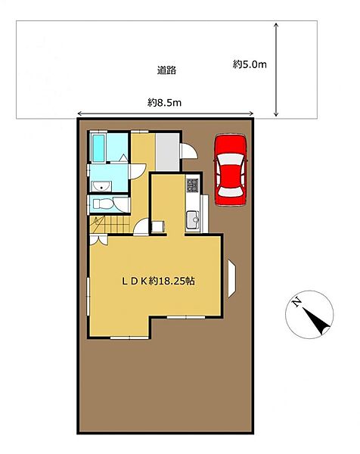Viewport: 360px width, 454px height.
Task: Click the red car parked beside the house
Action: pos(231,170)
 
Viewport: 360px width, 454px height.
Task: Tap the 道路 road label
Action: pos(166,70)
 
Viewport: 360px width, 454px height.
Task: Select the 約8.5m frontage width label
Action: pos(164,102)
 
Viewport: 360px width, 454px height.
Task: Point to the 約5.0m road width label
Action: pos(250,64)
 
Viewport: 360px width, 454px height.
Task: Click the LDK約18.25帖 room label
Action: pos(158,281)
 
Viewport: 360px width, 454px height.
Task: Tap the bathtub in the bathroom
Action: pos(98,148)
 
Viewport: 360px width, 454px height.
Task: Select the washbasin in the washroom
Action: pos(101,187)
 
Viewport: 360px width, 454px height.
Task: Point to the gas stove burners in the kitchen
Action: pos(192,185)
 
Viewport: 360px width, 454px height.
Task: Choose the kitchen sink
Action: pos(193,220)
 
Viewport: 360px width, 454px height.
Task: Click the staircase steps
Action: pos(110,225)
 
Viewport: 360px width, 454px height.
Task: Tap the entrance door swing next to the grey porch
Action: pos(188,151)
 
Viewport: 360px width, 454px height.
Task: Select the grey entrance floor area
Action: pos(168,152)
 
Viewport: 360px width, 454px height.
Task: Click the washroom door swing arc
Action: pos(138,171)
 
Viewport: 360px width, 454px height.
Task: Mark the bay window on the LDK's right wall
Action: pos(231,278)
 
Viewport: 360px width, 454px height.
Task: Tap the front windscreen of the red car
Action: pos(230,158)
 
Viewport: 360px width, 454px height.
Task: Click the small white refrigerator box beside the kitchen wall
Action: pos(158,226)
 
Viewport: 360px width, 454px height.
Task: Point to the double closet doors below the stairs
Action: pos(98,241)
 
